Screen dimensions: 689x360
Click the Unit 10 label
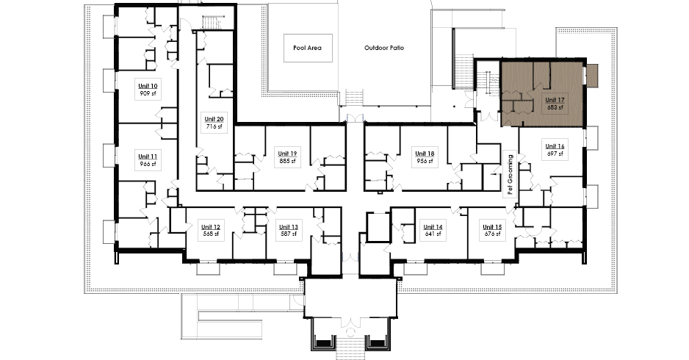[x=148, y=86]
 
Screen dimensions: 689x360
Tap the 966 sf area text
[x=148, y=164]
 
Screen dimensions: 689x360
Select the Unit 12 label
[x=211, y=227]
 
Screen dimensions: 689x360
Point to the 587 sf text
[x=289, y=234]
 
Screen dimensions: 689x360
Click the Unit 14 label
[x=433, y=227]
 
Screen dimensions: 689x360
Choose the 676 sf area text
[x=492, y=234]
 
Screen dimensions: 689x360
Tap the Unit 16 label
[x=555, y=146]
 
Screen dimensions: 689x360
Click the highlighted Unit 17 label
[x=555, y=100]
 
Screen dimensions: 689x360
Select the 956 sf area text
[x=425, y=161]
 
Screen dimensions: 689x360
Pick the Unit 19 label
[x=287, y=154]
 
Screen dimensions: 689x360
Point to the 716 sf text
[x=214, y=126]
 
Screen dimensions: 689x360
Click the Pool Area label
[x=308, y=48]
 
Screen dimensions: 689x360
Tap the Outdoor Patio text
[x=384, y=48]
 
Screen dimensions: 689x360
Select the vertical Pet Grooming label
[x=511, y=175]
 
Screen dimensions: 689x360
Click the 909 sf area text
[x=148, y=93]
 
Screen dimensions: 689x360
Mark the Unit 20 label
[x=214, y=119]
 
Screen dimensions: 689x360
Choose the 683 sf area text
[x=555, y=107]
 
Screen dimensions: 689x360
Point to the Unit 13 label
[x=289, y=227]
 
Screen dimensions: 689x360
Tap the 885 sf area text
[x=287, y=161]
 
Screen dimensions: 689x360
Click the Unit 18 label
[x=425, y=154]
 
